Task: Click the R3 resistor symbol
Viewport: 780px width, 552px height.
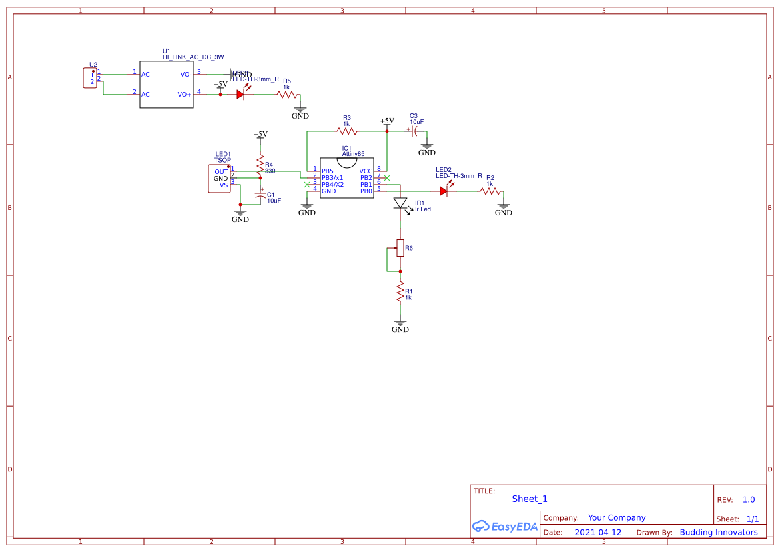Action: pos(346,131)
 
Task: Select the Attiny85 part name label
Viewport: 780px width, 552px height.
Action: pos(353,154)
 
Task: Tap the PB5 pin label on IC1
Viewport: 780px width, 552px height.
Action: pos(328,171)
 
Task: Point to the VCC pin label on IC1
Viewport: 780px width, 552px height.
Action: pos(366,171)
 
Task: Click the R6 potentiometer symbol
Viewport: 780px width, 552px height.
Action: pos(400,249)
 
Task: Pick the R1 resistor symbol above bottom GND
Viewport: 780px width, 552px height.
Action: pos(400,291)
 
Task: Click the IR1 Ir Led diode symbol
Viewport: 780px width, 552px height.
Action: pos(400,203)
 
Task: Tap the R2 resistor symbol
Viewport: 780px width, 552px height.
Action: pos(490,191)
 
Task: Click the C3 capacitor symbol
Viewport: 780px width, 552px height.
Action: pos(414,131)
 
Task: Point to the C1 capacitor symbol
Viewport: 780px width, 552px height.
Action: pos(260,197)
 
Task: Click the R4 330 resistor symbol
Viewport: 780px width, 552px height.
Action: pos(260,164)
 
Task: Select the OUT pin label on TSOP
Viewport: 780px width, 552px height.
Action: pos(221,172)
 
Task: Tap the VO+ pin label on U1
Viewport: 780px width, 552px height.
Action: pos(185,95)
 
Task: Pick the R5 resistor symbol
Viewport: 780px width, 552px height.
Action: pos(288,95)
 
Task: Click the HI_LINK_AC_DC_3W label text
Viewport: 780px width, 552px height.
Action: pos(193,57)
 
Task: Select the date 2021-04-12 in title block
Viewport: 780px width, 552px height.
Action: pos(598,533)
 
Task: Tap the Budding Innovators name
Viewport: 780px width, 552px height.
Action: pos(719,533)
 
